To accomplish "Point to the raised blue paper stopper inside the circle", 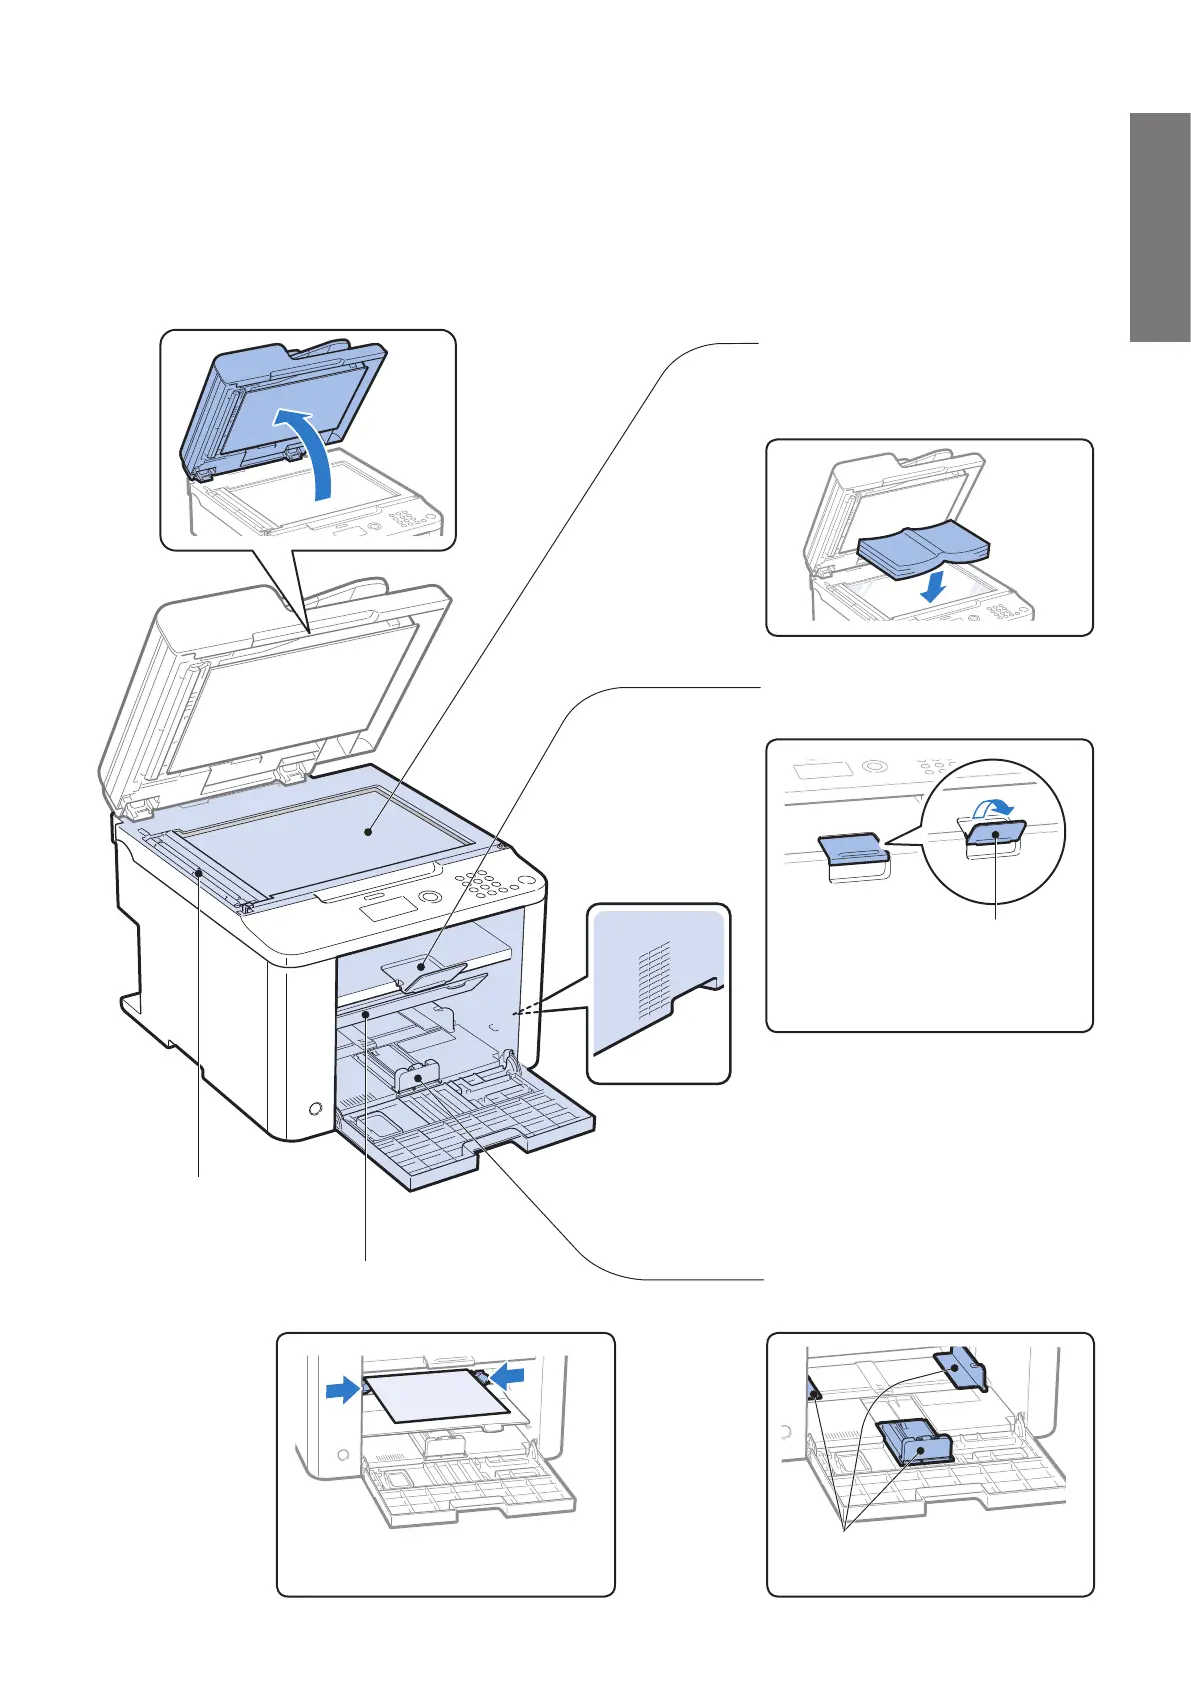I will pyautogui.click(x=995, y=832).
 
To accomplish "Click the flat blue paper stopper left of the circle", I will pyautogui.click(x=851, y=849).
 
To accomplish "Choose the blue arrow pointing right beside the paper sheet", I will pyautogui.click(x=343, y=1388).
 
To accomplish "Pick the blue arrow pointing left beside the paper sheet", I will pyautogui.click(x=507, y=1377).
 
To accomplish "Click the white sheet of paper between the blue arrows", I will pyautogui.click(x=435, y=1395).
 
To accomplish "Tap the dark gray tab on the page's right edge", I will pyautogui.click(x=1160, y=228).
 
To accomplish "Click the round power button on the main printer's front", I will pyautogui.click(x=315, y=1109).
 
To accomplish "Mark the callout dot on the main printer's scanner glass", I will pyautogui.click(x=370, y=830).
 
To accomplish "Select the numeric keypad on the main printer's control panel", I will pyautogui.click(x=486, y=886).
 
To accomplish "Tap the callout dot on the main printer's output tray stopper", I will pyautogui.click(x=421, y=967).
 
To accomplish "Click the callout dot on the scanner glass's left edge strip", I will pyautogui.click(x=199, y=872).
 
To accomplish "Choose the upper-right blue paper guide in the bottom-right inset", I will pyautogui.click(x=962, y=1367).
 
